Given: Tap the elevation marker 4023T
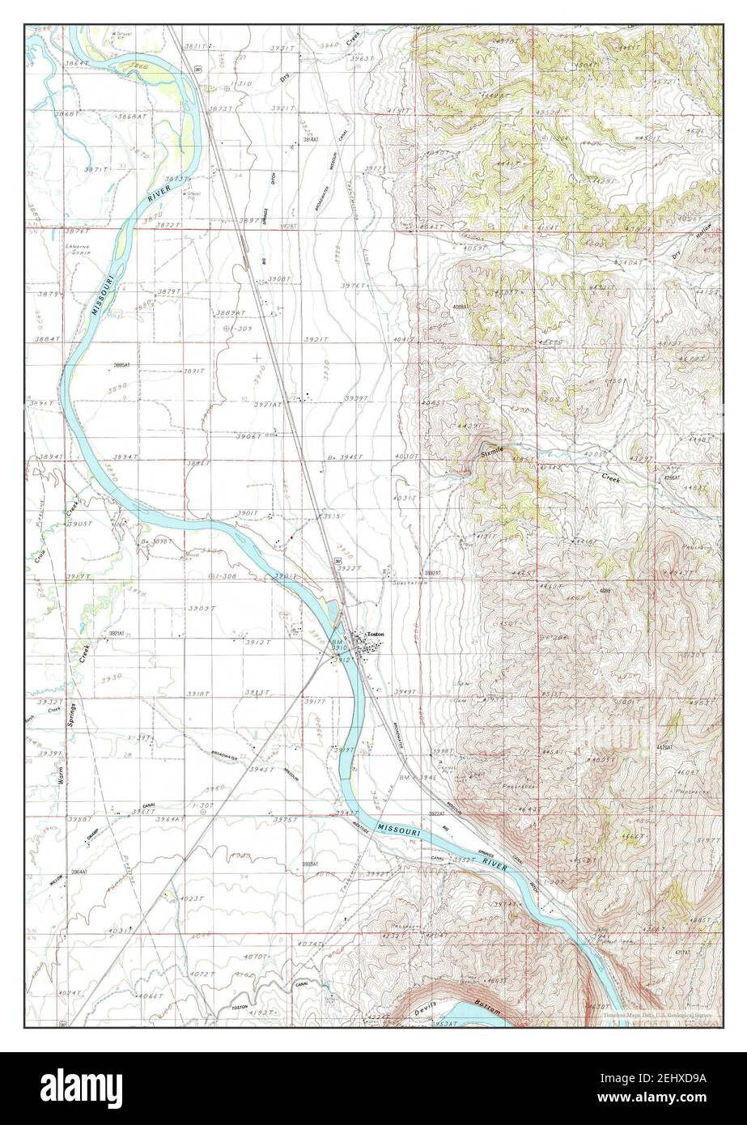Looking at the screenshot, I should (x=194, y=898).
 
